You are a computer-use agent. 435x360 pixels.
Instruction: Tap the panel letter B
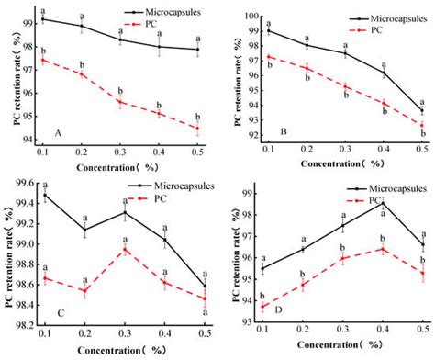click(284, 131)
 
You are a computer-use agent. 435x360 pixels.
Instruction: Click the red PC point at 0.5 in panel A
click(196, 128)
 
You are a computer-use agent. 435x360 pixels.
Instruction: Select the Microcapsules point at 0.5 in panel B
click(422, 111)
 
